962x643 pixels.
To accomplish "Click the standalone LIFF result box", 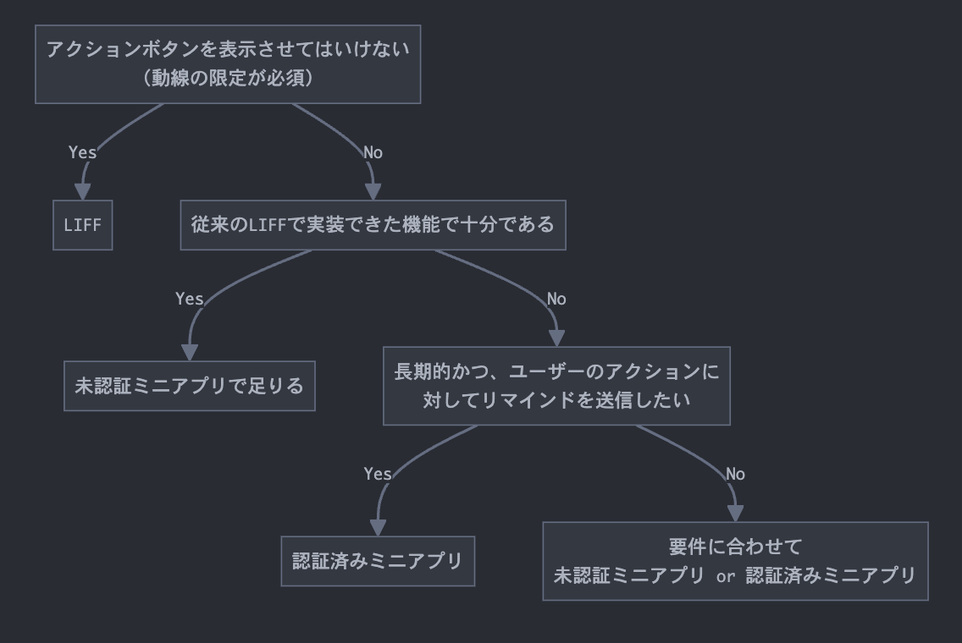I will [x=82, y=225].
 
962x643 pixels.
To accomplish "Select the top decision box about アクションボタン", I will [x=227, y=64].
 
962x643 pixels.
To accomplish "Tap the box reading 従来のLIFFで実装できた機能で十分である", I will [x=373, y=225].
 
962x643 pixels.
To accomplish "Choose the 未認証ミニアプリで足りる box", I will [x=189, y=386].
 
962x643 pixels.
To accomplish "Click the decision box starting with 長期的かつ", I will [x=556, y=385].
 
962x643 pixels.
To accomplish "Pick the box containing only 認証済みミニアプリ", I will [x=378, y=561].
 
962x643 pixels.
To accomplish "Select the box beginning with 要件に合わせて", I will [x=735, y=561].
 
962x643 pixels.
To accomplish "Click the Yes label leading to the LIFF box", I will [x=82, y=152].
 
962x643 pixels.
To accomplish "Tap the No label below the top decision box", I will [x=373, y=152].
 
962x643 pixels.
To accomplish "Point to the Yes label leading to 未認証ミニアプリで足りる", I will [x=189, y=299].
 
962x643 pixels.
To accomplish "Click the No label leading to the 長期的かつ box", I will [x=556, y=299].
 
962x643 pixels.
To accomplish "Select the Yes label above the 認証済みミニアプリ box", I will [x=378, y=474].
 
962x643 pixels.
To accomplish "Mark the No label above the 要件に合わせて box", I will [x=735, y=474].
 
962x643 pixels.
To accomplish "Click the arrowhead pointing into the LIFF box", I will [x=82, y=192].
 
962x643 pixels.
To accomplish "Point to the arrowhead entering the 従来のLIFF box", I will [x=373, y=192].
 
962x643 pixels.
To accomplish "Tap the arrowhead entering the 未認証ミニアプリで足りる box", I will [x=189, y=353].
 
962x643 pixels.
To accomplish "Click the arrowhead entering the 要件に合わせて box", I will [x=735, y=514].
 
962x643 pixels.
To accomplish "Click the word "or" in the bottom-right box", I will [x=725, y=577].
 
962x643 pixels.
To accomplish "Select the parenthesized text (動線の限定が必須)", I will [x=227, y=79].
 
